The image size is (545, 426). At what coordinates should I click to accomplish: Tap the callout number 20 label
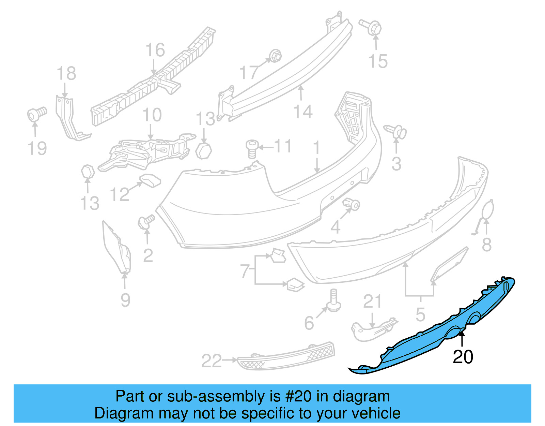[x=463, y=357]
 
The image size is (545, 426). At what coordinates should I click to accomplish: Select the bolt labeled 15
[x=371, y=27]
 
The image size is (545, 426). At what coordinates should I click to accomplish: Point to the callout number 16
[x=155, y=50]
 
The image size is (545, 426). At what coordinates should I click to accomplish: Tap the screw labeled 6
[x=333, y=300]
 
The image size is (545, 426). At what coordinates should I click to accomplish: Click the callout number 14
[x=302, y=112]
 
